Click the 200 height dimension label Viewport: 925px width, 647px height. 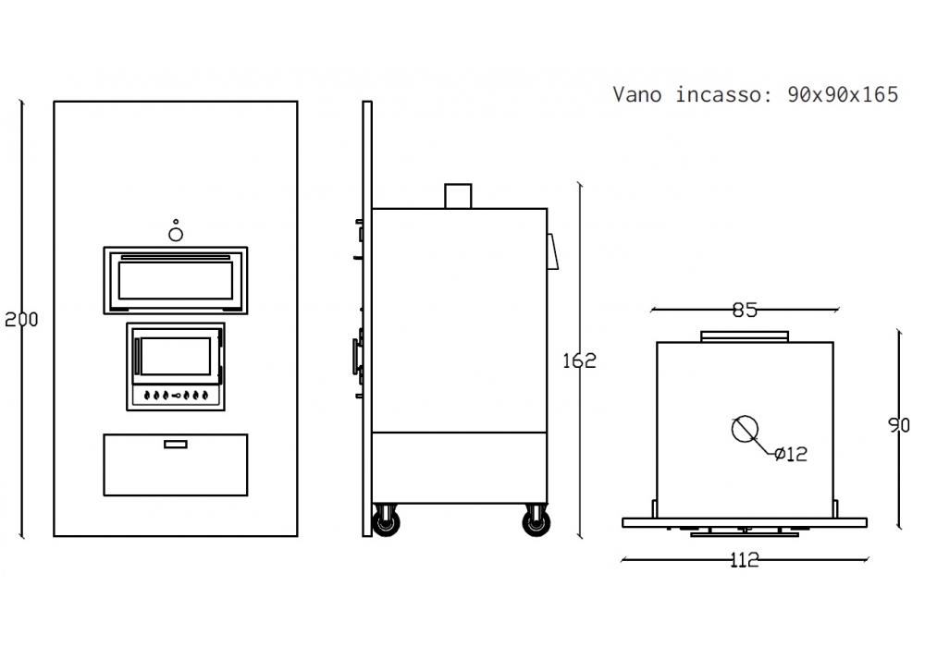(x=21, y=320)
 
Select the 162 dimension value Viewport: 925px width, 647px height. (x=580, y=360)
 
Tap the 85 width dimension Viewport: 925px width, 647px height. (x=745, y=311)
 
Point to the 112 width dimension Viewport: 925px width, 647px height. (x=745, y=559)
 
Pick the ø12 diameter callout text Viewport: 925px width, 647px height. (x=791, y=454)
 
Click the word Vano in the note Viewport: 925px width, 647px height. (x=636, y=94)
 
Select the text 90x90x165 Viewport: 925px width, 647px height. (x=843, y=94)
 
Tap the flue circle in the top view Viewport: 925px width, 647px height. (x=745, y=429)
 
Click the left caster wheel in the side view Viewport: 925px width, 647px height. (x=385, y=522)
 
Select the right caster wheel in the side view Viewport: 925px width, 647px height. (x=536, y=522)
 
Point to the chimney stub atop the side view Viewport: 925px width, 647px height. (x=459, y=196)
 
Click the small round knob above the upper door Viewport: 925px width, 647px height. (x=176, y=233)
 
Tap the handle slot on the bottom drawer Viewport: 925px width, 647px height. (x=175, y=445)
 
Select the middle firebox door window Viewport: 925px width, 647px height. (x=175, y=356)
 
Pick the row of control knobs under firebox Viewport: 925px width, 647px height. (x=175, y=396)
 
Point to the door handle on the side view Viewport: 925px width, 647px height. (x=356, y=355)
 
